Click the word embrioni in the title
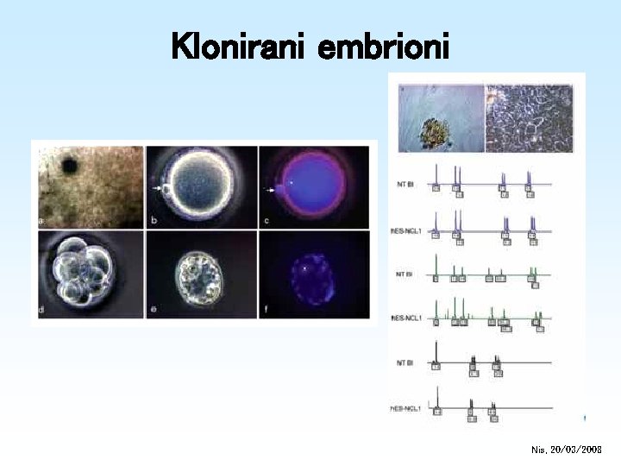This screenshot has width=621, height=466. (384, 47)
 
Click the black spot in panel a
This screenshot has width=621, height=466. (69, 165)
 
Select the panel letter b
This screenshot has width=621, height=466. (154, 221)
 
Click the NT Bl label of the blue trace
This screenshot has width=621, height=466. (405, 184)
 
